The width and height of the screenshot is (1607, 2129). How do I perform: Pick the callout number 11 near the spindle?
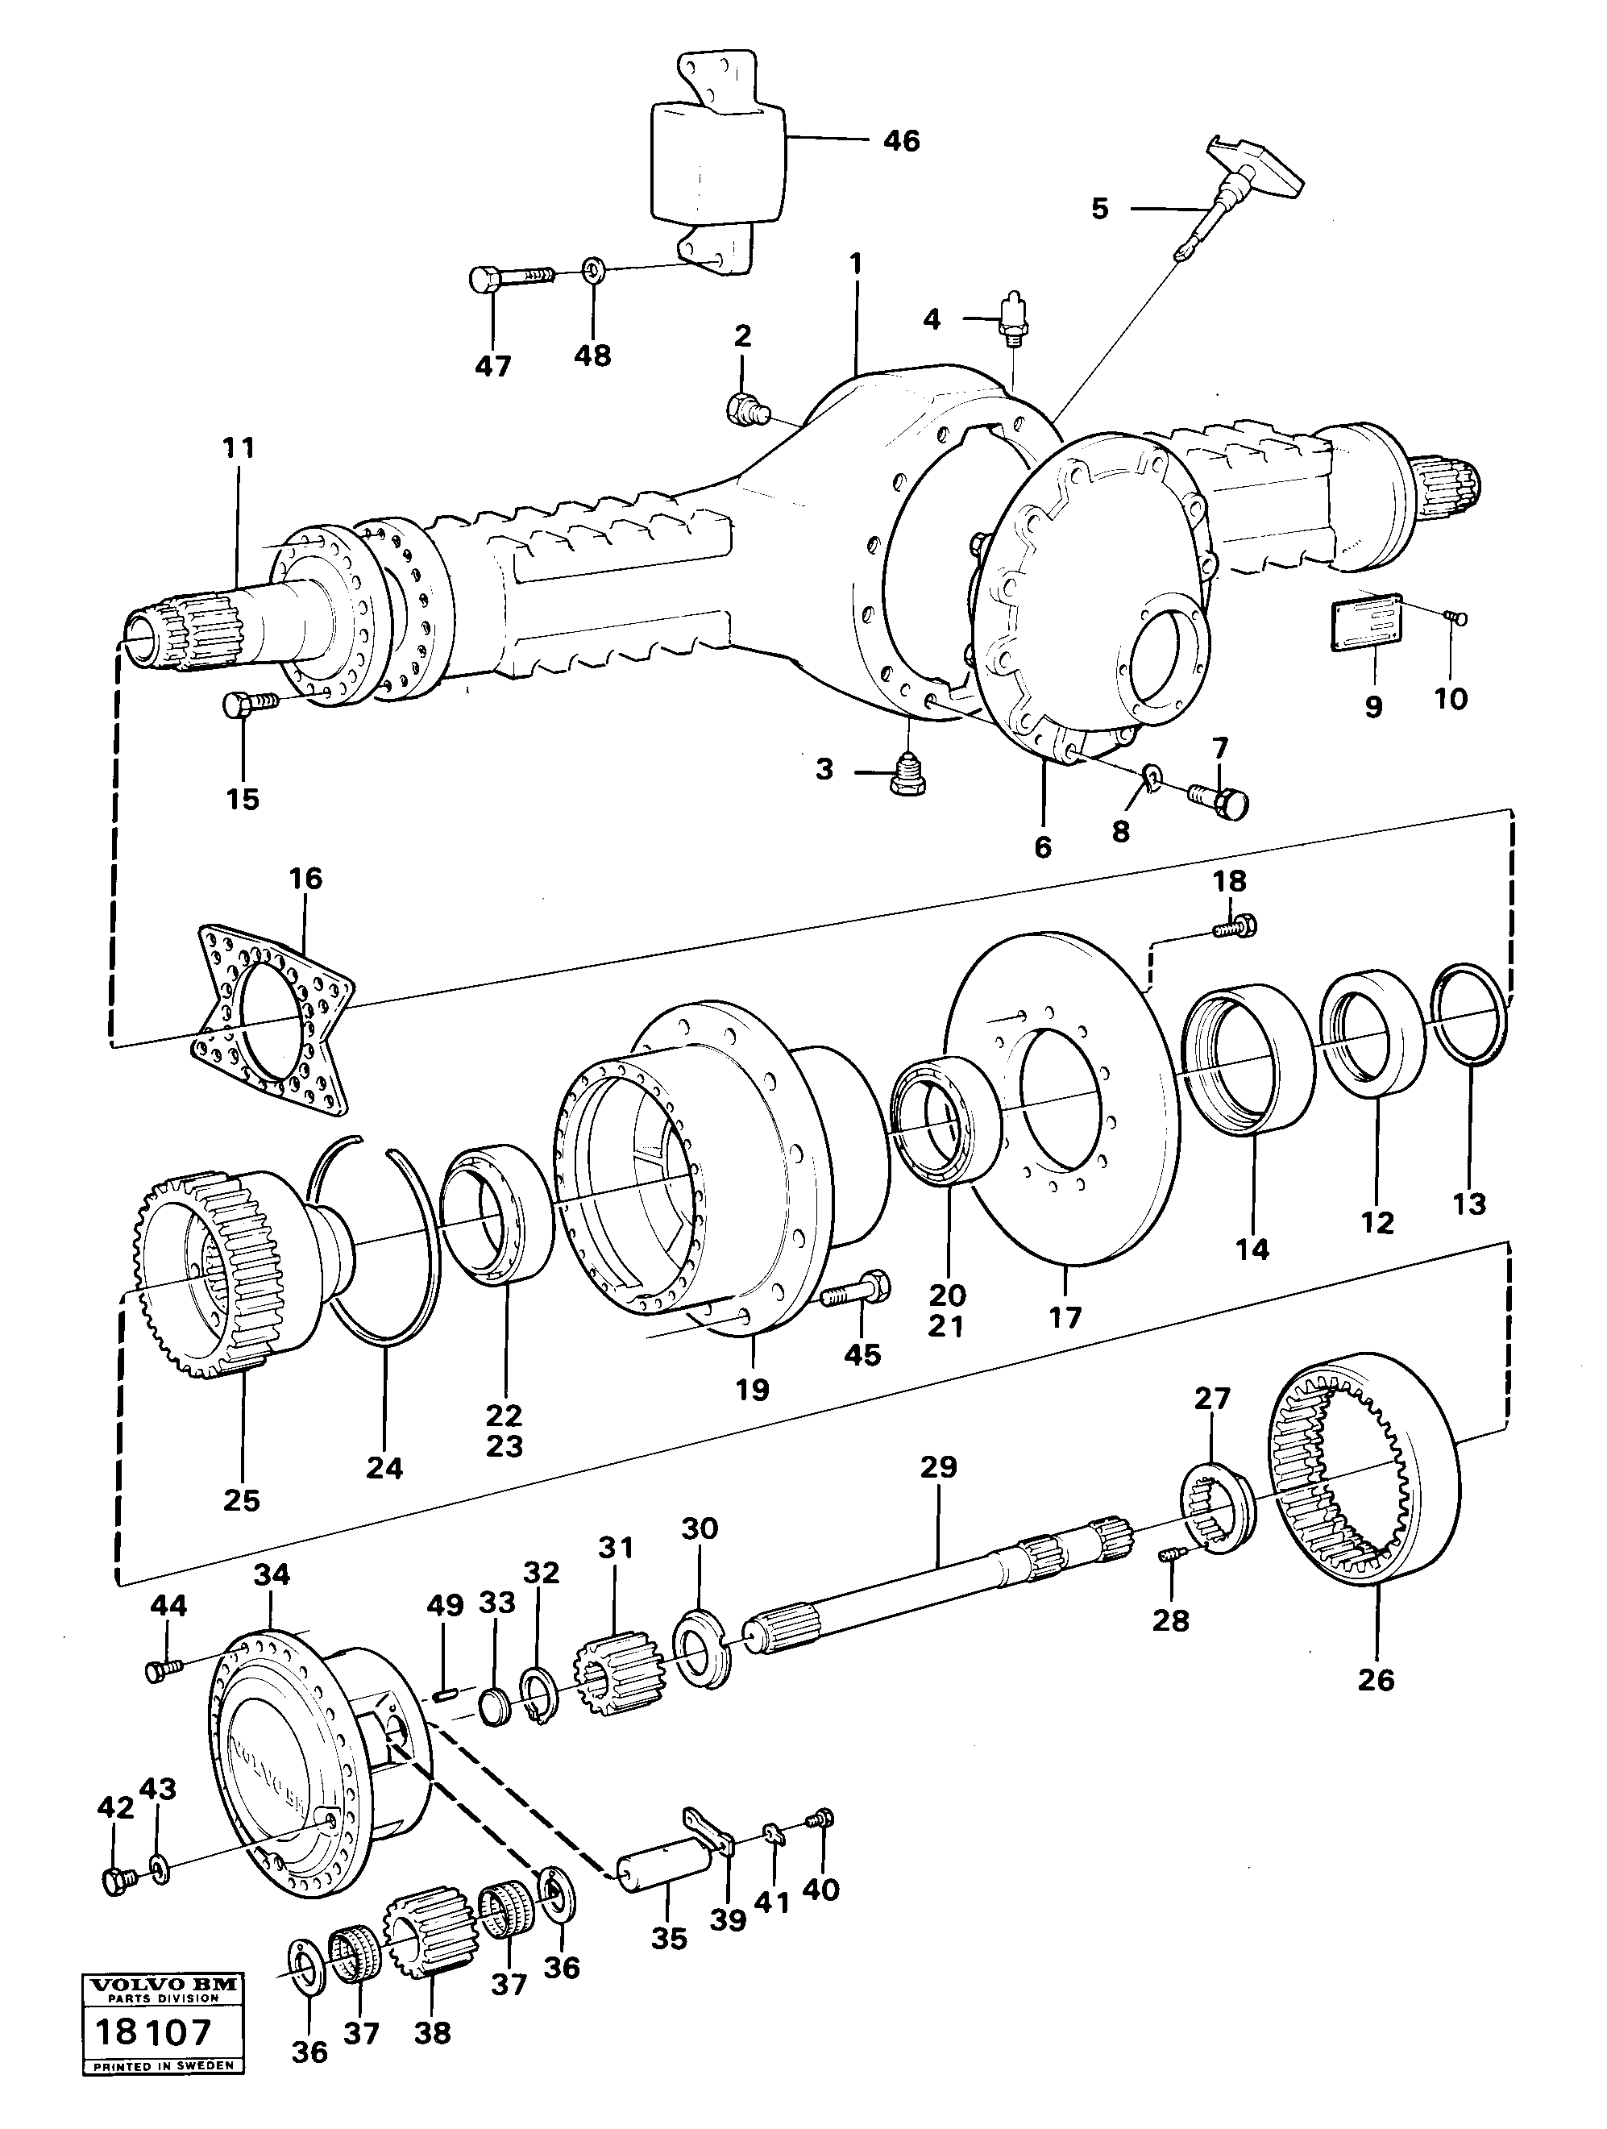coord(239,447)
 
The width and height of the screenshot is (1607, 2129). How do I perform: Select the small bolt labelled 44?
coord(160,1671)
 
